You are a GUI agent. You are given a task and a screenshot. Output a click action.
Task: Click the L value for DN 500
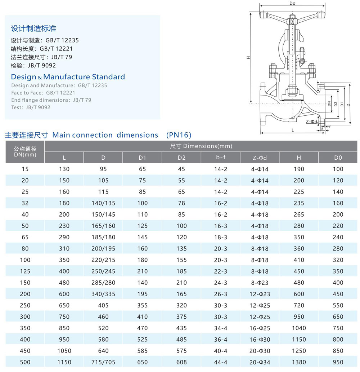(64, 362)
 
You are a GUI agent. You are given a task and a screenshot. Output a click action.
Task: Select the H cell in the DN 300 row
(299, 316)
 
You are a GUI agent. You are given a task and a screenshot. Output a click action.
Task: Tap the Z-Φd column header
(260, 157)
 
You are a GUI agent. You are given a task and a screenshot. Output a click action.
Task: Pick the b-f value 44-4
(221, 362)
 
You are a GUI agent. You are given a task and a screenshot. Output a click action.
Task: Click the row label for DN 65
(25, 237)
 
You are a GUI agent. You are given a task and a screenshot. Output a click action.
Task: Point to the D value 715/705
(103, 362)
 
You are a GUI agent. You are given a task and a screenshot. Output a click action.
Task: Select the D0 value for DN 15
(338, 169)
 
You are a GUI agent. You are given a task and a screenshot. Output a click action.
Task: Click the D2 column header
(181, 157)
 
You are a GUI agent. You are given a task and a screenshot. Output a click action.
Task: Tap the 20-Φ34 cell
(260, 362)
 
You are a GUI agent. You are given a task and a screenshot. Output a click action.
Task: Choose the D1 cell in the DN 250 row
(143, 305)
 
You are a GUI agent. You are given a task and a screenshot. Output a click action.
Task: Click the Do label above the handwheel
(292, 4)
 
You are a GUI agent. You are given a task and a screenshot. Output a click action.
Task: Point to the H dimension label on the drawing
(248, 58)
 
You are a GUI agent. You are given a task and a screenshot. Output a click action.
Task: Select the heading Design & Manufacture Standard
(68, 77)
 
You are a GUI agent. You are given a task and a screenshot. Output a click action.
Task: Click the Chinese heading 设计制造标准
(33, 28)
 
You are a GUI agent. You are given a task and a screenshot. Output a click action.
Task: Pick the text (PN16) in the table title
(179, 135)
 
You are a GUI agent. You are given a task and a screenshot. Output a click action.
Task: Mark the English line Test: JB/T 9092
(31, 107)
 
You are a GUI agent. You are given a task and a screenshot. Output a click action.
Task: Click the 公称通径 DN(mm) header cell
(25, 151)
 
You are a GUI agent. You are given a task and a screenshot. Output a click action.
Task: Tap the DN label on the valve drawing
(329, 103)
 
